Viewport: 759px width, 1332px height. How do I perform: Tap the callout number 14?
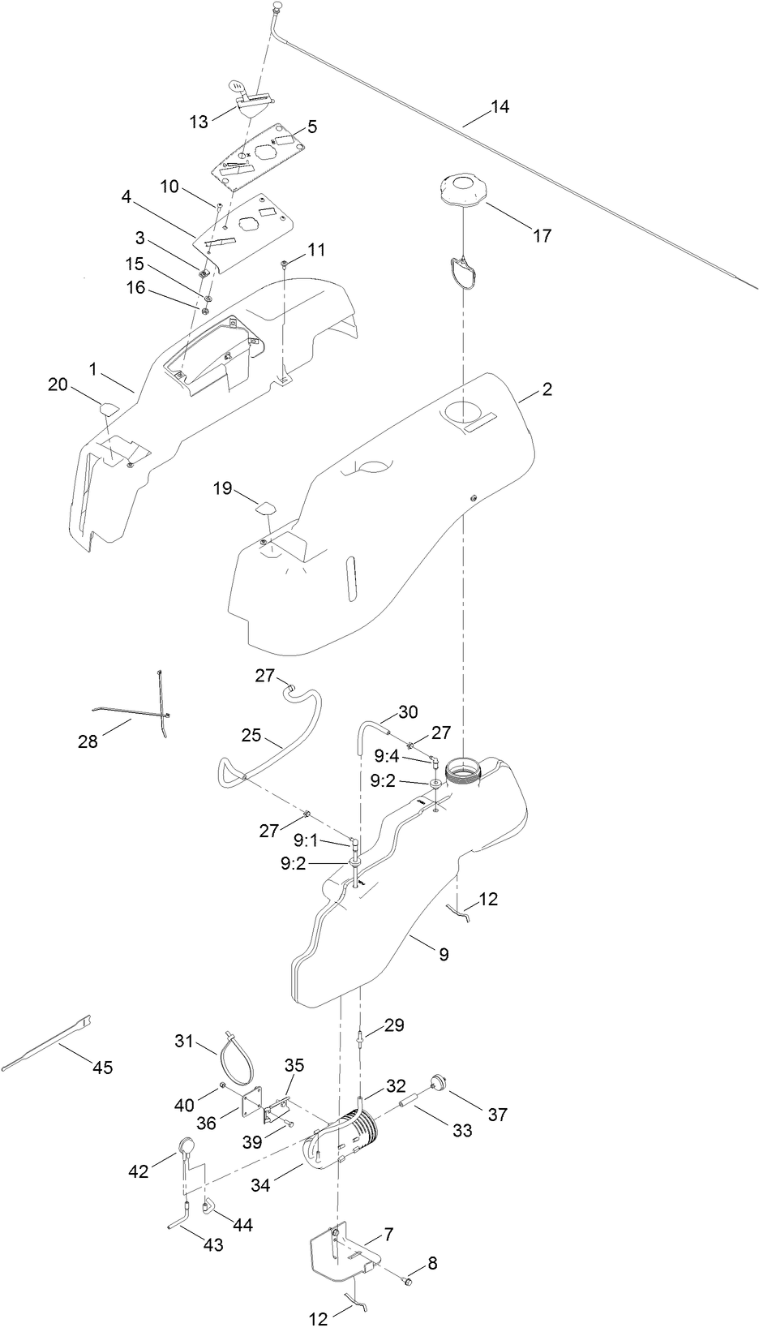pyautogui.click(x=500, y=106)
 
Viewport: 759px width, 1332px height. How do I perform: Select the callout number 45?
pyautogui.click(x=102, y=1068)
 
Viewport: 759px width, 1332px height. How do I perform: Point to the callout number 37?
pyautogui.click(x=497, y=1115)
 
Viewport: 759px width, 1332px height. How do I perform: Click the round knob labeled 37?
pyautogui.click(x=440, y=1082)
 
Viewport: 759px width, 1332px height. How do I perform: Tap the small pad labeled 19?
pyautogui.click(x=267, y=509)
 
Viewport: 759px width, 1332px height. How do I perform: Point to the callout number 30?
pyautogui.click(x=408, y=712)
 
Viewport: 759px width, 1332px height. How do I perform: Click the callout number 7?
pyautogui.click(x=388, y=1234)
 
